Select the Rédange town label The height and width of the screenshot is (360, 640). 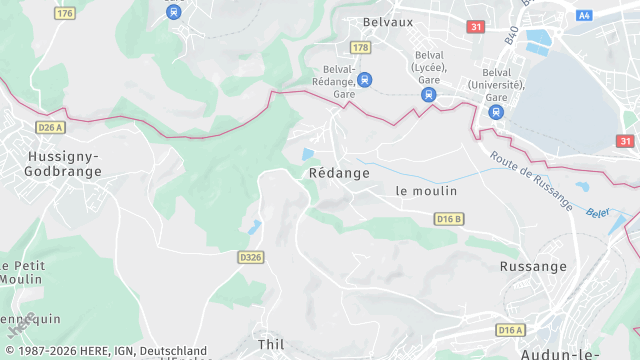339,173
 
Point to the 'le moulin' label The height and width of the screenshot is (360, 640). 426,191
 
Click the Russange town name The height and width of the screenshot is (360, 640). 533,267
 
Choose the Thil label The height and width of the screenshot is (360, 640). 271,344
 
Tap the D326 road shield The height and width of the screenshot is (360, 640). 251,257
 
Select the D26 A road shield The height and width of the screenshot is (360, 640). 49,128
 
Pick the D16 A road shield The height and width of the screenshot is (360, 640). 511,329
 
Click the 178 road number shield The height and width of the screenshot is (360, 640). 361,47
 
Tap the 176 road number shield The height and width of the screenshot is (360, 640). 66,13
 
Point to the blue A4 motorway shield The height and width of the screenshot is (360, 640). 584,15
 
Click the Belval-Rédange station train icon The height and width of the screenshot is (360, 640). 364,79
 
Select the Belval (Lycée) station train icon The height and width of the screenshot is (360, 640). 429,95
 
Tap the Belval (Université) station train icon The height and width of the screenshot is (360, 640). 496,111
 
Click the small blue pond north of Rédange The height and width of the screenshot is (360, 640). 308,154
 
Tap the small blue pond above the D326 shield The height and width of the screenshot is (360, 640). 256,226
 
